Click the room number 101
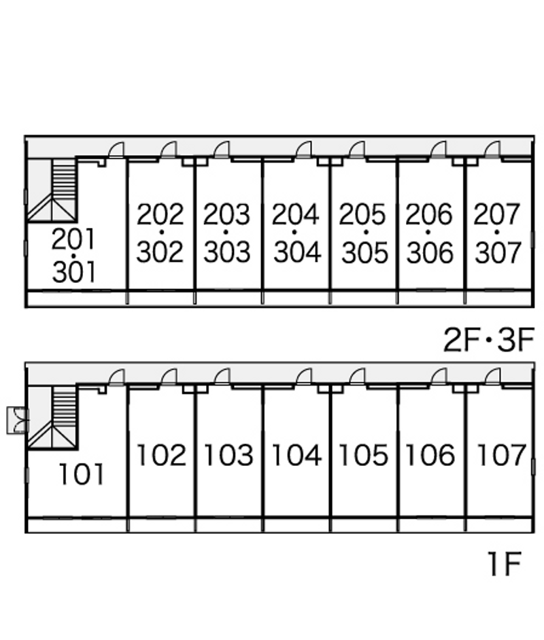click(82, 474)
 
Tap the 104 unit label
click(296, 455)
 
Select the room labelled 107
click(501, 455)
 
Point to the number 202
click(160, 214)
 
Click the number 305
click(365, 252)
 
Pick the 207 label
click(496, 214)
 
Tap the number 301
click(74, 272)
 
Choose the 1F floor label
click(505, 564)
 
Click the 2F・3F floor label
click(489, 340)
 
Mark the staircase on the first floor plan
click(52, 418)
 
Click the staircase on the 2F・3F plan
click(52, 190)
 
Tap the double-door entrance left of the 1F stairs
click(18, 420)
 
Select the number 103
click(228, 455)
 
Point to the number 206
click(429, 214)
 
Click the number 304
click(297, 252)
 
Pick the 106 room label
click(430, 455)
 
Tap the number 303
click(227, 252)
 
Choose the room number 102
click(161, 455)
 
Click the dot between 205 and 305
click(366, 232)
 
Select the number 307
click(498, 252)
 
